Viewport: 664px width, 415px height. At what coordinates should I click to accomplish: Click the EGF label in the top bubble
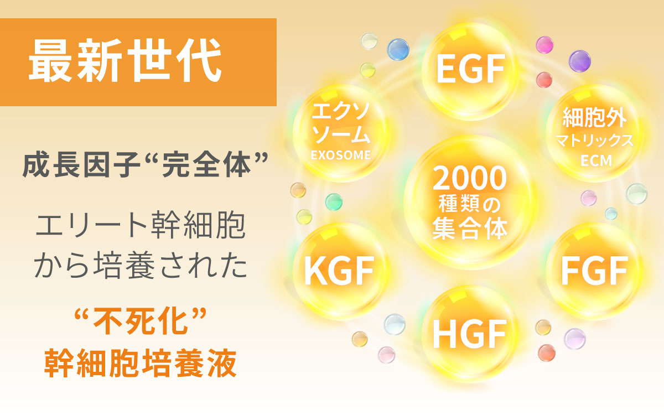471,69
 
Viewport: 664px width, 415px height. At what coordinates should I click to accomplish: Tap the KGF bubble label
339,271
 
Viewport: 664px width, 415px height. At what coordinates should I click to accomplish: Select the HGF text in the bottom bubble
470,334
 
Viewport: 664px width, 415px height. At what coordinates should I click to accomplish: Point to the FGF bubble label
595,271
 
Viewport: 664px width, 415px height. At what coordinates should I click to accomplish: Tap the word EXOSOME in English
341,155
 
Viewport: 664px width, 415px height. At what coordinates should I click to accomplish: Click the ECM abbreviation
596,161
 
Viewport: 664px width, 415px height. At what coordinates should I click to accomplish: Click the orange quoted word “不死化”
140,321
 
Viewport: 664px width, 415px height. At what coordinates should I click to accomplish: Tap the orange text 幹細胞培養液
140,363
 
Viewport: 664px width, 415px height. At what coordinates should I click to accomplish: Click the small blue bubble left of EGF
398,49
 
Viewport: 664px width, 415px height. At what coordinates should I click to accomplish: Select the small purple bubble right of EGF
579,61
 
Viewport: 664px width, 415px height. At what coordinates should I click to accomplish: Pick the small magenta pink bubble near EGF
544,45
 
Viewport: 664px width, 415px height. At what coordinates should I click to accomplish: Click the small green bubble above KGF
334,202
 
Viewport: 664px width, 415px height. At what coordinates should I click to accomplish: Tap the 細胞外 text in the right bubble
595,117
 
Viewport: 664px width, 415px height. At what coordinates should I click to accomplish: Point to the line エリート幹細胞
140,225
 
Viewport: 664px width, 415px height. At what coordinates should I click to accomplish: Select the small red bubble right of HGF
547,353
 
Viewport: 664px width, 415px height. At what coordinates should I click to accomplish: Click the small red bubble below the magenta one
544,80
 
